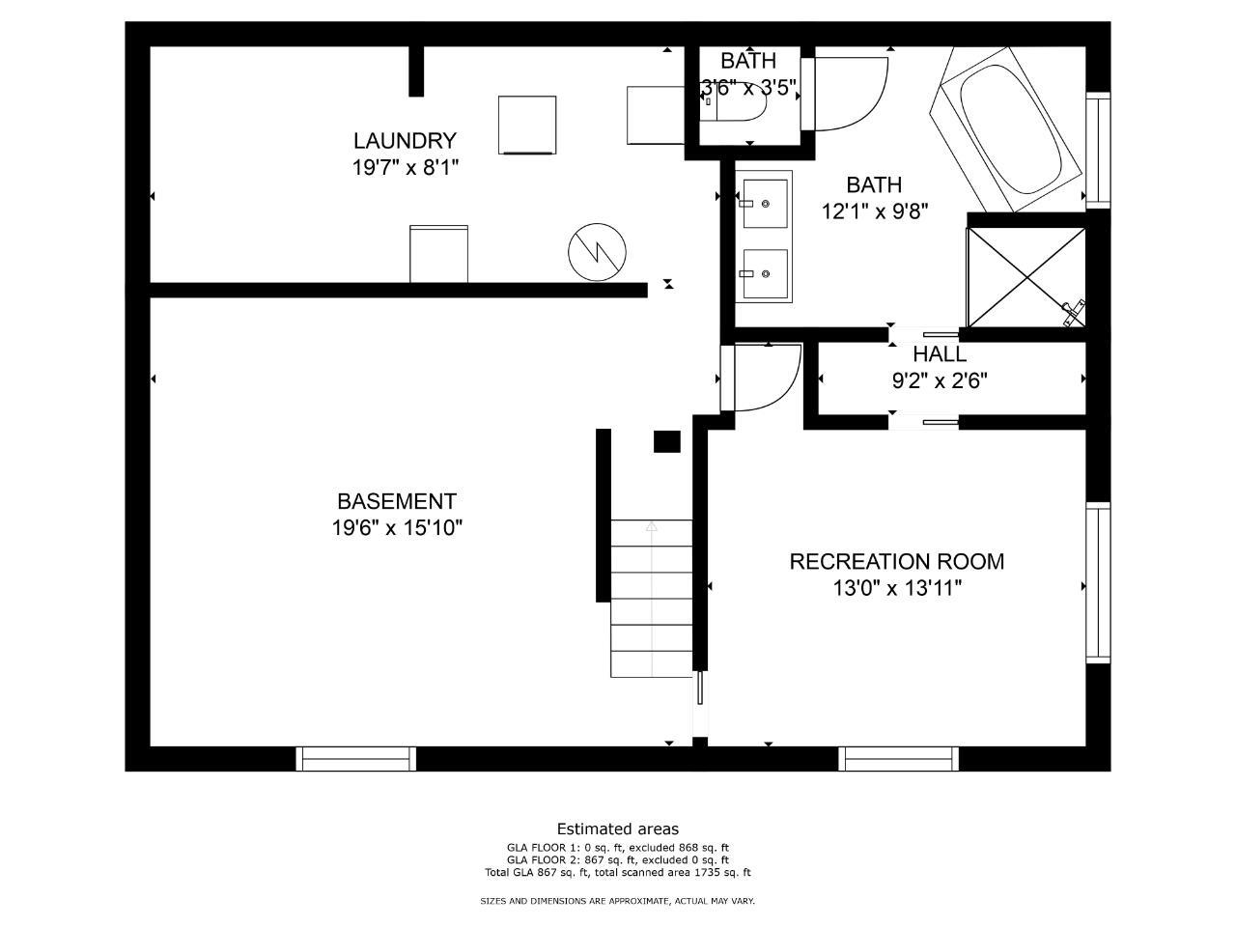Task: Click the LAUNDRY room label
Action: [405, 140]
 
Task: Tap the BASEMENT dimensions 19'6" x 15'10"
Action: [397, 528]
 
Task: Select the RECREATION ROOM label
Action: [896, 561]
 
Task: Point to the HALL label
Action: [940, 354]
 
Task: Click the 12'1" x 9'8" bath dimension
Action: [875, 211]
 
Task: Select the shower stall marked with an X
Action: [1025, 277]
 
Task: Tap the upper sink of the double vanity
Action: [765, 203]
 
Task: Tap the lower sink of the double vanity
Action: [765, 273]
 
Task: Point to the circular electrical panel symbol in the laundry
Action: [597, 252]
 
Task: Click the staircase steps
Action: [652, 599]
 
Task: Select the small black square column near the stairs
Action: [666, 441]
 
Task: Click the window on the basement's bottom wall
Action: [356, 759]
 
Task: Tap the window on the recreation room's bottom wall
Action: [899, 759]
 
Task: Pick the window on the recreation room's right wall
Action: [1098, 582]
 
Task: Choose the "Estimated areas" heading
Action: [618, 829]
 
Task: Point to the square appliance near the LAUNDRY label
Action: [527, 125]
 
